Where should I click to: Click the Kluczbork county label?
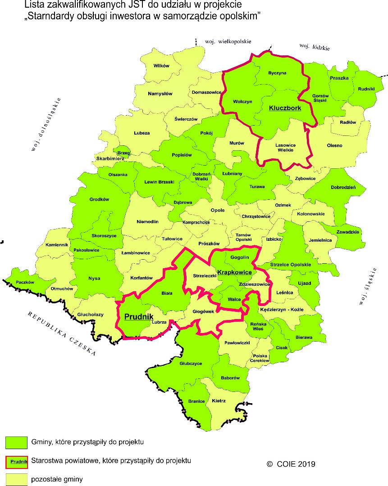coord(285,108)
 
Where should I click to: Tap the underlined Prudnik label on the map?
coord(138,316)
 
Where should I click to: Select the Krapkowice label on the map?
coord(234,273)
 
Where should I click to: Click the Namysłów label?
coord(160,94)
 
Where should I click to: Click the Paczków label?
coord(25,282)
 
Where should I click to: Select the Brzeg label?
coord(123,153)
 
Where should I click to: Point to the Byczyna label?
coord(277,73)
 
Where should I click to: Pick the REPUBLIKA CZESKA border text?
coord(61,333)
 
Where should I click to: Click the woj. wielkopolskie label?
coord(228,41)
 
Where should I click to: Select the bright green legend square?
coord(16,443)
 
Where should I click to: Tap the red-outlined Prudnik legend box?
coord(16,461)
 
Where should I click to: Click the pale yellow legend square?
coord(16,479)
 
